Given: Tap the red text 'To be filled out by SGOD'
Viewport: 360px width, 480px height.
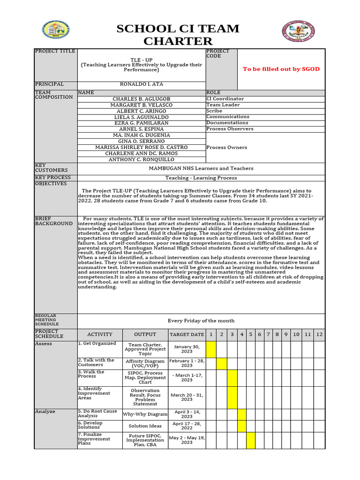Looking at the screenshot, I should point(281,69).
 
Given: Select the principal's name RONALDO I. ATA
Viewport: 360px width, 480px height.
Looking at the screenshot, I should point(141,84).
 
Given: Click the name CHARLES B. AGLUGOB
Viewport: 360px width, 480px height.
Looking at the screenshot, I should point(141,99).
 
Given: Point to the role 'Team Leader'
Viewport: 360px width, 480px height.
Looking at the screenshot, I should point(223,105).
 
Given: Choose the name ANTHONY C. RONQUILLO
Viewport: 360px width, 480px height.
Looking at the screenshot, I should point(141,159).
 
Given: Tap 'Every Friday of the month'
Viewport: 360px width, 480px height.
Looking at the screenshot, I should point(201,321).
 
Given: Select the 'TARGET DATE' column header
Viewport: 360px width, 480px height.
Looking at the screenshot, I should point(187,335).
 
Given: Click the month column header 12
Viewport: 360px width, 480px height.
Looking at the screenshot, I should point(319,334).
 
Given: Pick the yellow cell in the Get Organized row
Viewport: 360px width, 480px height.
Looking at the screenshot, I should point(211,349).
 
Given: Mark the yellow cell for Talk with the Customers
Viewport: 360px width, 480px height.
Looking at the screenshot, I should point(221,363).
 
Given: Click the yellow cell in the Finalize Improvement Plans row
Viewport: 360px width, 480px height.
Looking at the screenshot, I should point(251,440).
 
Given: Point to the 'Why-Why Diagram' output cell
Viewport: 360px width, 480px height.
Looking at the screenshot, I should point(145,414).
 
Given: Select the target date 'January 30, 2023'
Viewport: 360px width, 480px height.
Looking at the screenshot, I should point(187,349).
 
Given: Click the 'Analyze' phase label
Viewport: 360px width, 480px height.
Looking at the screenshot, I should point(45,412).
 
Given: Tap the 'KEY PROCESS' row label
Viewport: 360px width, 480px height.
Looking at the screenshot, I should point(52,178).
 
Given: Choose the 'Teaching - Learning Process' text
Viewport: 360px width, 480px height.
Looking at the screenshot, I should point(201,178).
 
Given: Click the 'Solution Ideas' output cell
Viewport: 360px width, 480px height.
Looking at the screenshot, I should point(145,426).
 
